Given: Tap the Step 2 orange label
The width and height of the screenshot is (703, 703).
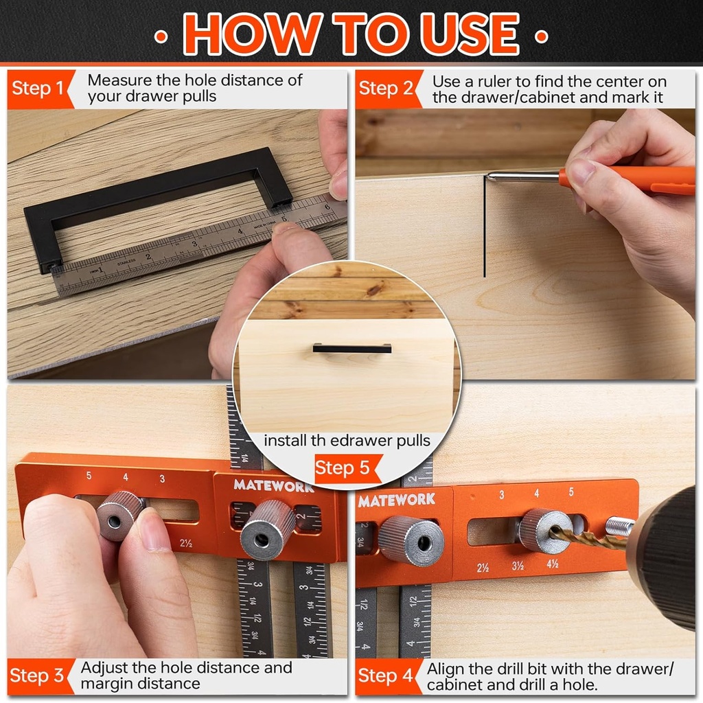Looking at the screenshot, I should point(386,89).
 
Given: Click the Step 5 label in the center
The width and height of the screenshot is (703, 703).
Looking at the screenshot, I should point(343,469).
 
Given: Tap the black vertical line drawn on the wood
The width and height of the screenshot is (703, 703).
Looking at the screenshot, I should point(484,227).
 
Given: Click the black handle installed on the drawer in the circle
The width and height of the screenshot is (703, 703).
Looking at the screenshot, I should point(351,348).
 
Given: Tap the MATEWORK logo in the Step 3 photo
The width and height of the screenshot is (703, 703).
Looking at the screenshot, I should point(273,485).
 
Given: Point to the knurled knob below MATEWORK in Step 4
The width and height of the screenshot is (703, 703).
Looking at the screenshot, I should point(411,540).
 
